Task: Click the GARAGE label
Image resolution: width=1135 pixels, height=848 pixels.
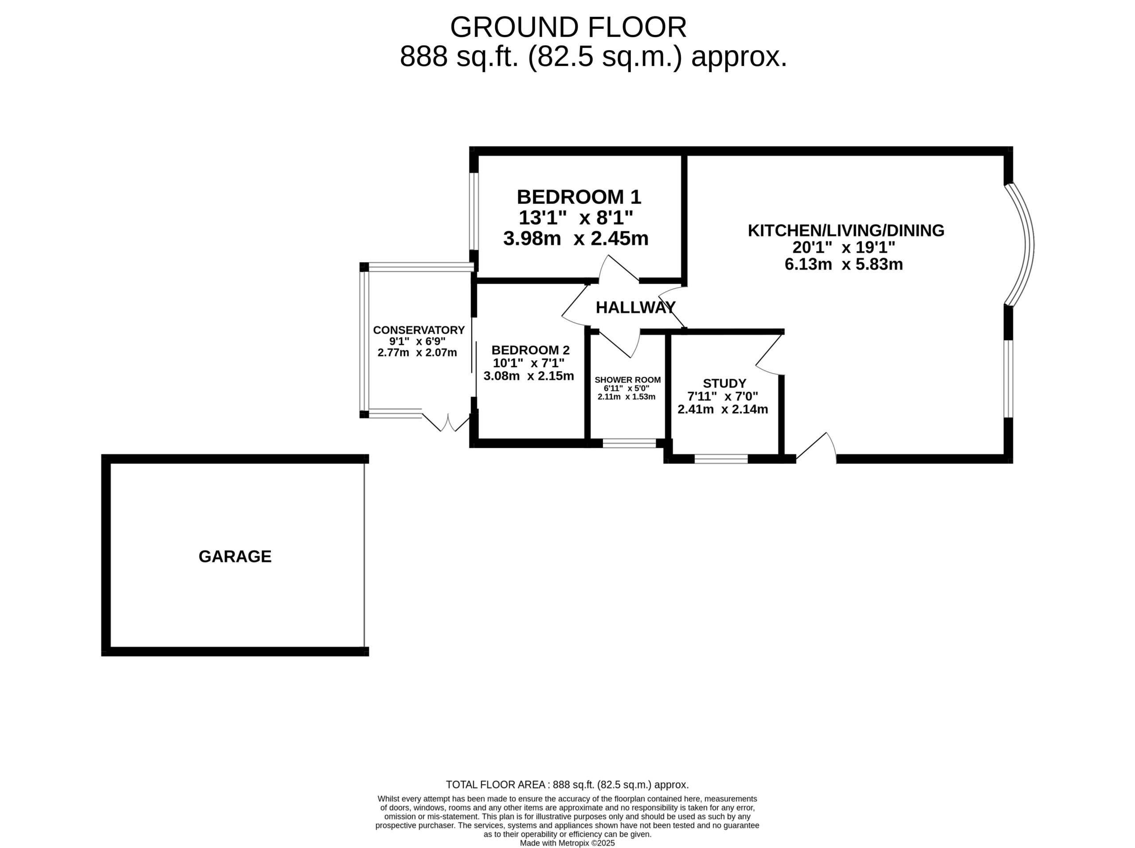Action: coord(235,556)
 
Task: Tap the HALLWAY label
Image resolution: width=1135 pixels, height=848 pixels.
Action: coord(636,307)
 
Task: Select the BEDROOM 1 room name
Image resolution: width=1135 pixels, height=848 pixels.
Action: coord(579,197)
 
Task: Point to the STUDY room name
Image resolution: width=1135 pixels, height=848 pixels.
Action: coord(724,383)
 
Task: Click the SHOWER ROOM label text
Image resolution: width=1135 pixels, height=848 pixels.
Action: coord(627,380)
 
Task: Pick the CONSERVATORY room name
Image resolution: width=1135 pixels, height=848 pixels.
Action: coord(419,330)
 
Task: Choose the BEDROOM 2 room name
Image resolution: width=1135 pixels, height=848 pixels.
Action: coord(531,350)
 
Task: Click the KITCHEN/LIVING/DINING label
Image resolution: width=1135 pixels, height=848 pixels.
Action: coord(846,231)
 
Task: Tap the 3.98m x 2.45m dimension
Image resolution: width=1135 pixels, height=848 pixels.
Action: coord(576,238)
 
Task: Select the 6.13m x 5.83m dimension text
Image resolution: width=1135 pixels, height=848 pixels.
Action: coord(844,264)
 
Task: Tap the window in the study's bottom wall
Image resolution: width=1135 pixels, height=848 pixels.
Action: coord(721,459)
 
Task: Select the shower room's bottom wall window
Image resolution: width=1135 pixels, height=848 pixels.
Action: coord(629,443)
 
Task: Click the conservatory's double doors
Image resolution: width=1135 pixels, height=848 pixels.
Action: coord(446,422)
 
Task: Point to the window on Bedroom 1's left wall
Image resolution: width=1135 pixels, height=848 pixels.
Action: coord(474,211)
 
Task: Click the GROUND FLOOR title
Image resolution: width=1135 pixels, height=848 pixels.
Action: coord(568,27)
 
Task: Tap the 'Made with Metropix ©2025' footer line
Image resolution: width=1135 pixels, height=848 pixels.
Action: coord(567,843)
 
